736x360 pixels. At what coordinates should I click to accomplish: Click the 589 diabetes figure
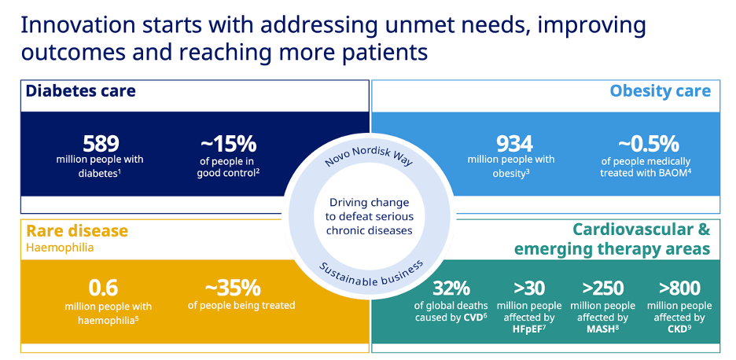100,144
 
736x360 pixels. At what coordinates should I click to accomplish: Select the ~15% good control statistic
228,144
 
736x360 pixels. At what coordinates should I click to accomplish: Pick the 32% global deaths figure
452,288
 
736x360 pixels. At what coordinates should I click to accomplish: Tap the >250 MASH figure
602,288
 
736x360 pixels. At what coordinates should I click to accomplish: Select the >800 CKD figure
679,288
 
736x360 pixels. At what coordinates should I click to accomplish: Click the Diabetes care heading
80,91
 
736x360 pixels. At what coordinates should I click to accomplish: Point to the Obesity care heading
660,91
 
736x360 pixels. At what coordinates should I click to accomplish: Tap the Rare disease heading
77,231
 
